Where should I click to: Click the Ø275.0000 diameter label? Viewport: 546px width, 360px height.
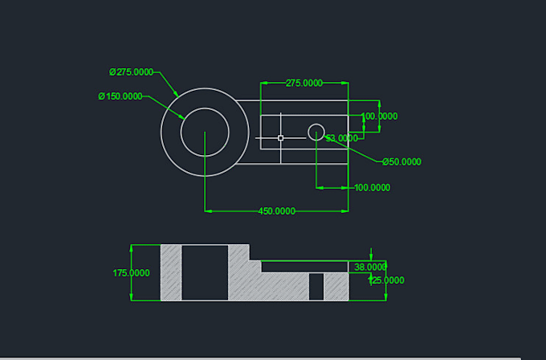131,72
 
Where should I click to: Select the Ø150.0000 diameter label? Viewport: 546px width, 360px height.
120,96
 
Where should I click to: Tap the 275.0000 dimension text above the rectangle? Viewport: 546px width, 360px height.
304,83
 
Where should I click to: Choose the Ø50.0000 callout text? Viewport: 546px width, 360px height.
401,162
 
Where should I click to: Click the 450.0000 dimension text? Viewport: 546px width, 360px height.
276,211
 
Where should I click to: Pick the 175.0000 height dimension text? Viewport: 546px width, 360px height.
131,273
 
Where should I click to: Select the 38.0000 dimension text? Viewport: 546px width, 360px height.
370,267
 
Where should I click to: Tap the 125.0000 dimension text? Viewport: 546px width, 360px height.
385,280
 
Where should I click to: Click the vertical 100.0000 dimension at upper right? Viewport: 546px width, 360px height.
379,117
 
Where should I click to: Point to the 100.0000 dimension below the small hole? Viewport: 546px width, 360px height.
372,187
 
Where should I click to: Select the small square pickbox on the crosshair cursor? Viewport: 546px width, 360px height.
280,138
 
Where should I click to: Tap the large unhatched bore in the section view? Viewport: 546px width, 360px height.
206,273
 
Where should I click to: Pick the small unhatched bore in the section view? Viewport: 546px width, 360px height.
316,287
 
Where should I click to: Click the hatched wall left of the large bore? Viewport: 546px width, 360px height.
171,273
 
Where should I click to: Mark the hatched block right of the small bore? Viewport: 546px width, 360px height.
336,287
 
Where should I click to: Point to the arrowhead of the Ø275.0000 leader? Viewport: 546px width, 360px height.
177,96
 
